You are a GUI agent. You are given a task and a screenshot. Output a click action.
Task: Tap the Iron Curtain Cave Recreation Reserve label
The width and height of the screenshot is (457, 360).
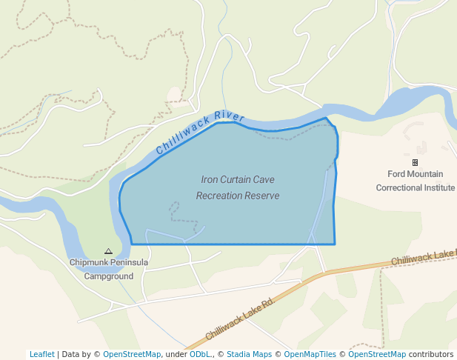[237, 187]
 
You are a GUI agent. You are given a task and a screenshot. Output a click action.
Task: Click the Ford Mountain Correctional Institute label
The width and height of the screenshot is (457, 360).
[415, 181]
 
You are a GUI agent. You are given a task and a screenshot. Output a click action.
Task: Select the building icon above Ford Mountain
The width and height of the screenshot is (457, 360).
[415, 162]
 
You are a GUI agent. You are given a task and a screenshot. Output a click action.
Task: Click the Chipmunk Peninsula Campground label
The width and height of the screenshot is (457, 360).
[108, 269]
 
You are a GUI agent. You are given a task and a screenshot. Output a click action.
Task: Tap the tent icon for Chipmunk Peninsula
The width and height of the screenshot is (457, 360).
[108, 252]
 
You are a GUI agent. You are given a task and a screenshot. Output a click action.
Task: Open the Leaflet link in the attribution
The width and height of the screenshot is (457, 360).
[41, 354]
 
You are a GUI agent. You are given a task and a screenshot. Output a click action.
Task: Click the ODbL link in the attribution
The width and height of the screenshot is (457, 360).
[200, 354]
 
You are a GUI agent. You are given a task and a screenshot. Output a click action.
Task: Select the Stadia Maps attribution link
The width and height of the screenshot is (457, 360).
[249, 354]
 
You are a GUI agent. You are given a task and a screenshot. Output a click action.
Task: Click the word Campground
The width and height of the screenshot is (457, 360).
[108, 276]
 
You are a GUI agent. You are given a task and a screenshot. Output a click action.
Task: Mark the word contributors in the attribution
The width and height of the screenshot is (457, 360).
[431, 354]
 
